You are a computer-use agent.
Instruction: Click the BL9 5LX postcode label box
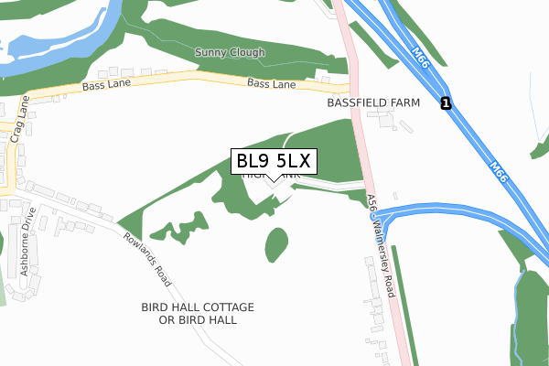[274, 162]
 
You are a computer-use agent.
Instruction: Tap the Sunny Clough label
[230, 53]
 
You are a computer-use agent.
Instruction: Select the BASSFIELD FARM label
[372, 103]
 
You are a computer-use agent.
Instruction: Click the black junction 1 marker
[445, 103]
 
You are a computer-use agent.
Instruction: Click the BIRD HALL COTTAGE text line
[198, 307]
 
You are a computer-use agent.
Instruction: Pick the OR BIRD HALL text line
[198, 320]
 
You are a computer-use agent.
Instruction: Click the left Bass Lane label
[107, 83]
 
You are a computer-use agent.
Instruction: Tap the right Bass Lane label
[271, 84]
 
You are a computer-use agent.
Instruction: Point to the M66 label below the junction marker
[498, 170]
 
